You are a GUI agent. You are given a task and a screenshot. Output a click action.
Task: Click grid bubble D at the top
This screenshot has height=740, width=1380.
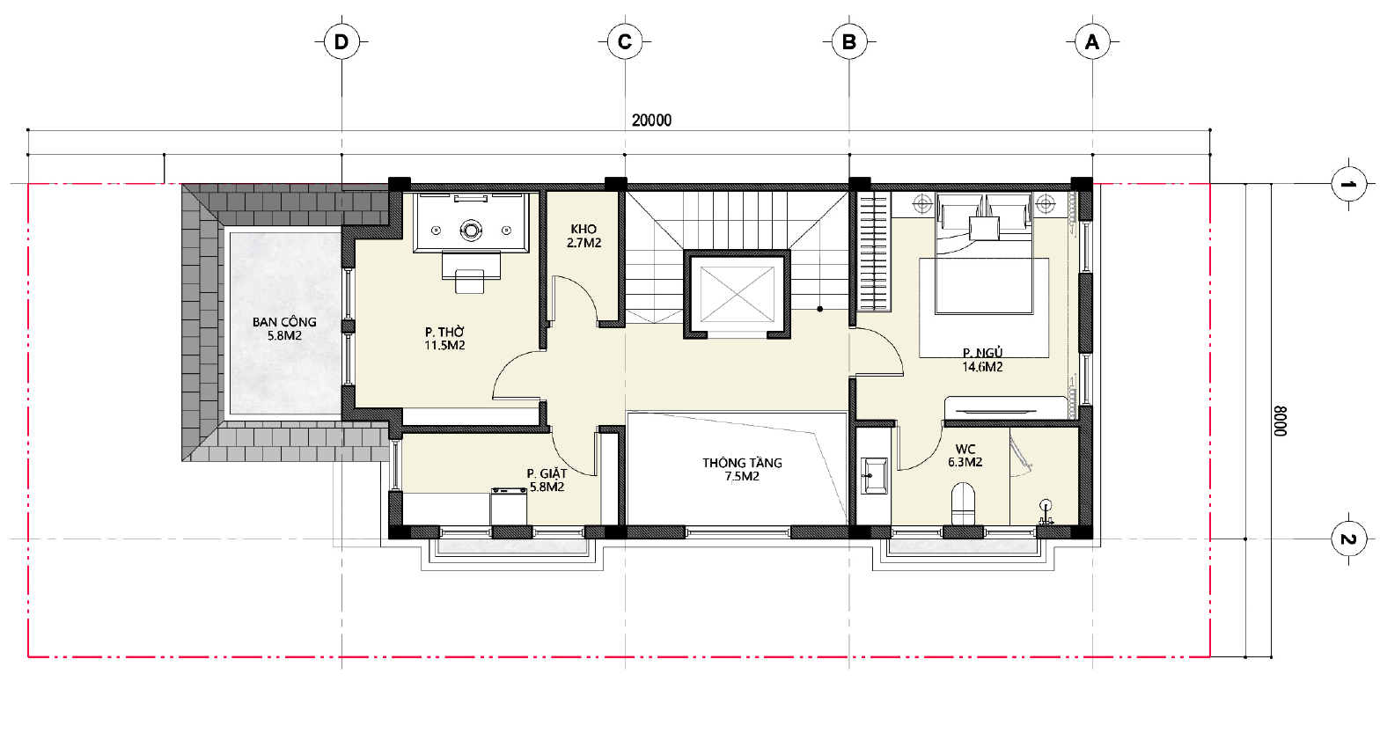point(341,42)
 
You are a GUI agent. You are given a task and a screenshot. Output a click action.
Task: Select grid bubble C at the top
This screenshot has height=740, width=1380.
point(625,42)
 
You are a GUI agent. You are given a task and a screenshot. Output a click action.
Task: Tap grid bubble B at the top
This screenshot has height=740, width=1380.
point(849,42)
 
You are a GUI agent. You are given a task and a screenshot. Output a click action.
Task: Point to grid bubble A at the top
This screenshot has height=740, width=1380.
point(1092,42)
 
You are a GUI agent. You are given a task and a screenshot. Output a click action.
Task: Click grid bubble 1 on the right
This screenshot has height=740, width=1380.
point(1348,184)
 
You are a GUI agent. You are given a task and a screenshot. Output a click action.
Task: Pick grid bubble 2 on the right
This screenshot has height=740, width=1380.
point(1348,539)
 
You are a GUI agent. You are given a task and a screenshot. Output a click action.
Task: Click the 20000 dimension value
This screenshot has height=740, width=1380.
point(651,121)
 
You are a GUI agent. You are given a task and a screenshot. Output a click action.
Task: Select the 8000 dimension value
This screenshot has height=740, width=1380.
point(1281,421)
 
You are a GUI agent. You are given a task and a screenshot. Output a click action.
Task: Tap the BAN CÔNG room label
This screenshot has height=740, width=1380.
point(284,322)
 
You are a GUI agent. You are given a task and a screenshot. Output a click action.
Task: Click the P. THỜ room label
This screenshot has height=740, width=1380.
point(444,333)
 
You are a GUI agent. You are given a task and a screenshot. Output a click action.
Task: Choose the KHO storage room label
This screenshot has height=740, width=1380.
point(584,229)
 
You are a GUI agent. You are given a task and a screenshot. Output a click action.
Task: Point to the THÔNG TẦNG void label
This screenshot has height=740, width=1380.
point(743,463)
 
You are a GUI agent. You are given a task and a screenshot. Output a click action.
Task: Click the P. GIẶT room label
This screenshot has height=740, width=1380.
point(547,473)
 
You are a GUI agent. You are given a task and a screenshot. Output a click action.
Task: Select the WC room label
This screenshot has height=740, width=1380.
point(965,449)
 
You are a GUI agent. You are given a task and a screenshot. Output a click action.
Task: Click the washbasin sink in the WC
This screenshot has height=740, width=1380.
point(874,476)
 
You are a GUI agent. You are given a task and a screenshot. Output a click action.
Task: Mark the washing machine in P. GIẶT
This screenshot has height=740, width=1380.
point(509,507)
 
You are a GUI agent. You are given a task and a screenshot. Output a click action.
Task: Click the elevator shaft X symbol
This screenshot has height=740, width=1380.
point(737,294)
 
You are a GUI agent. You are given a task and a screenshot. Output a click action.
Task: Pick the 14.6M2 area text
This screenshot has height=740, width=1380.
point(982,367)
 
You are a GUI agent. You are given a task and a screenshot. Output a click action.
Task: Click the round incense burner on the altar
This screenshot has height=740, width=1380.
point(472,231)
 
